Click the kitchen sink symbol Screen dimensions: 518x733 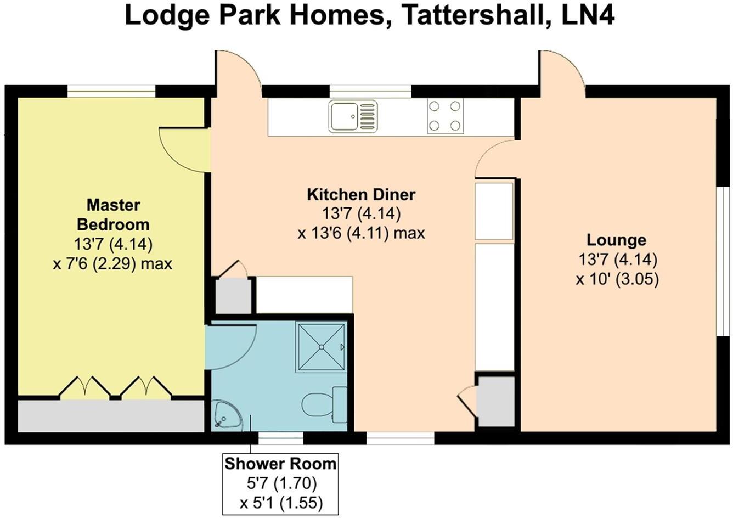point(353,116)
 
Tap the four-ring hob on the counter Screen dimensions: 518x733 point(444,116)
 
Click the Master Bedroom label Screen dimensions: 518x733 point(113,215)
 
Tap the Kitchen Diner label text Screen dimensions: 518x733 point(360,194)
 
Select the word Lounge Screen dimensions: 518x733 point(616,240)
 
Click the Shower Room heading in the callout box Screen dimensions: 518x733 point(280,464)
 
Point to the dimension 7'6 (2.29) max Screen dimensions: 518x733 point(112,264)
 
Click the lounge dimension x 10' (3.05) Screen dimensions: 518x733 point(617,279)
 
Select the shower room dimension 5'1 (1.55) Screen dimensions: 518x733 point(280,503)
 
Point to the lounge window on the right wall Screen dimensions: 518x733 point(725,260)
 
